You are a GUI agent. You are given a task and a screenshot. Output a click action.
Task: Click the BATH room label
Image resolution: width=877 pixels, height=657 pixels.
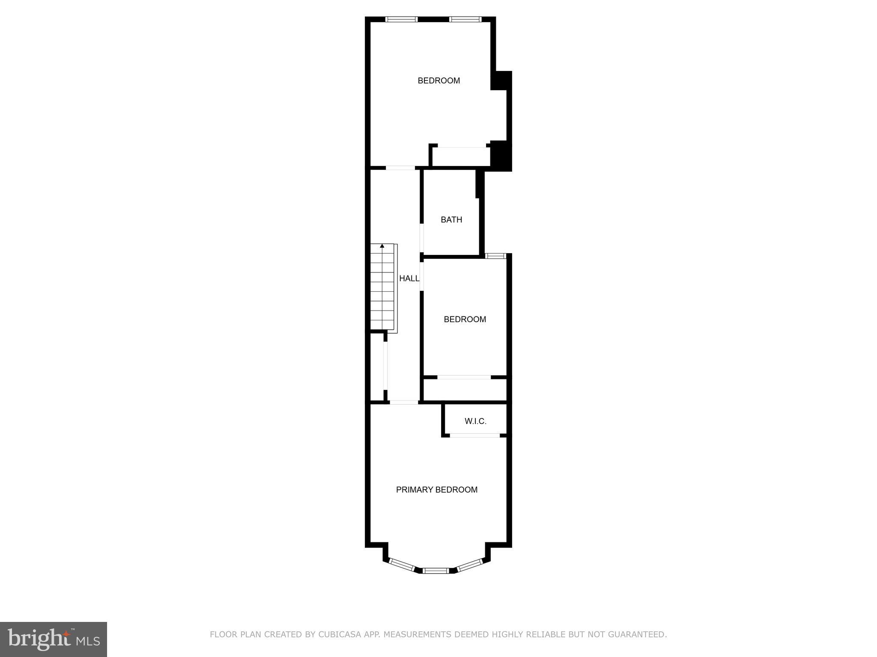pyautogui.click(x=451, y=220)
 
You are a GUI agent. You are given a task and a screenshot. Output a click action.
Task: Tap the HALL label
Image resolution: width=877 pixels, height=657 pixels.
pyautogui.click(x=409, y=278)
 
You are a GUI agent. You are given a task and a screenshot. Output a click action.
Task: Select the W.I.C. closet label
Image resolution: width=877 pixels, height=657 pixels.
pyautogui.click(x=475, y=421)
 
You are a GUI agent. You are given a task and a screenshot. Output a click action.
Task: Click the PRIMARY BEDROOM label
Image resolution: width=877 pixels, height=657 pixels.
pyautogui.click(x=436, y=490)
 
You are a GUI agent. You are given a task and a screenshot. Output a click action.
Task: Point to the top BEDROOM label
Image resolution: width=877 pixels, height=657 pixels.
pyautogui.click(x=438, y=80)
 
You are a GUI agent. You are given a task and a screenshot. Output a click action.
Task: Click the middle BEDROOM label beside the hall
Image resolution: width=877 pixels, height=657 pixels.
pyautogui.click(x=465, y=320)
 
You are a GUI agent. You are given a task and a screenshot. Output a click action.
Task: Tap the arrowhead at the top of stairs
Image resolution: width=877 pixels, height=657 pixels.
pyautogui.click(x=382, y=246)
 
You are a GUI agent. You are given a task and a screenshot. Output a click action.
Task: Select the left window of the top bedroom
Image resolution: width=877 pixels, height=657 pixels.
pyautogui.click(x=401, y=19)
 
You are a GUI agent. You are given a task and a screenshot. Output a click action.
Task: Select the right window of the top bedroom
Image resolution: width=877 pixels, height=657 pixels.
pyautogui.click(x=465, y=19)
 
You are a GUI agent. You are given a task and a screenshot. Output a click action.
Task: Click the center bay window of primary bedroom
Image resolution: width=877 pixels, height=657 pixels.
pyautogui.click(x=436, y=570)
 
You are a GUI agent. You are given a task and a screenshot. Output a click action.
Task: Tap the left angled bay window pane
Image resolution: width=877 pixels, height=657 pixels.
pyautogui.click(x=402, y=564)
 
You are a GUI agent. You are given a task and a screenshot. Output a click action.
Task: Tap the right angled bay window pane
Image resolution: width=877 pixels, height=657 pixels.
pyautogui.click(x=470, y=564)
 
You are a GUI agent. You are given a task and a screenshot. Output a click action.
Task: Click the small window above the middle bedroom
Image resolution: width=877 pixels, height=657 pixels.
pyautogui.click(x=496, y=256)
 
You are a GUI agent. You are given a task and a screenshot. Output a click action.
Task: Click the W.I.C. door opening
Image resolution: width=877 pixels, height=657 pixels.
pyautogui.click(x=475, y=435)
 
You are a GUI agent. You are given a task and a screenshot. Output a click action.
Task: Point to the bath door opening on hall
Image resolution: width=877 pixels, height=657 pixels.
pyautogui.click(x=422, y=238)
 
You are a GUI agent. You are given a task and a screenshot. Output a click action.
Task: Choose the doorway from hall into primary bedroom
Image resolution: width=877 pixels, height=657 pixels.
pyautogui.click(x=404, y=402)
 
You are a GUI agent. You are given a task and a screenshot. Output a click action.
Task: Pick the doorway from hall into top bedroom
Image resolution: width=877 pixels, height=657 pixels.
pyautogui.click(x=400, y=168)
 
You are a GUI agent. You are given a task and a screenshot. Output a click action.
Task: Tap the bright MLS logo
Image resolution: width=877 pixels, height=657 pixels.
pyautogui.click(x=53, y=639)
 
